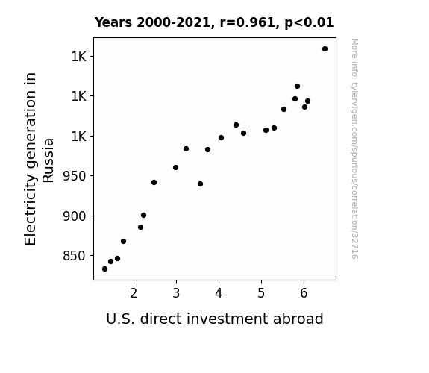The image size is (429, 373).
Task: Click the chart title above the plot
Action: (214, 22)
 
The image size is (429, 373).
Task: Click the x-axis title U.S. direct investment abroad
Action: (215, 319)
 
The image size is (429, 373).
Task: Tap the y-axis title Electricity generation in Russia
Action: (39, 159)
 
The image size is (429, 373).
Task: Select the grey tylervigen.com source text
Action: (354, 148)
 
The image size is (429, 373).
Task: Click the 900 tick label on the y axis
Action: (75, 216)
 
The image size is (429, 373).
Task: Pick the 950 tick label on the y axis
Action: (75, 176)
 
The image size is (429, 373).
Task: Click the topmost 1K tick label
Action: (79, 57)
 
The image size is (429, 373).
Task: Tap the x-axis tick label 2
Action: (134, 293)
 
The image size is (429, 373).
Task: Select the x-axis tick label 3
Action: (176, 293)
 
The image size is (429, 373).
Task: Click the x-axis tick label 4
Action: (219, 293)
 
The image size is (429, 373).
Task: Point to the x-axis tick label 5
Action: (261, 293)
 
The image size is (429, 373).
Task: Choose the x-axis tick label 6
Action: (304, 293)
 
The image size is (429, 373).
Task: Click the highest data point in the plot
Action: (325, 49)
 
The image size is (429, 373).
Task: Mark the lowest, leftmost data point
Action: (104, 269)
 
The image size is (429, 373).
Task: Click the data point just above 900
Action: (143, 216)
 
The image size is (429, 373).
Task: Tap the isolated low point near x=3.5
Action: (200, 184)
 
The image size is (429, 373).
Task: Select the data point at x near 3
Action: (175, 168)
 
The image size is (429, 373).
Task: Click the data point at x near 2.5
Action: (154, 183)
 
